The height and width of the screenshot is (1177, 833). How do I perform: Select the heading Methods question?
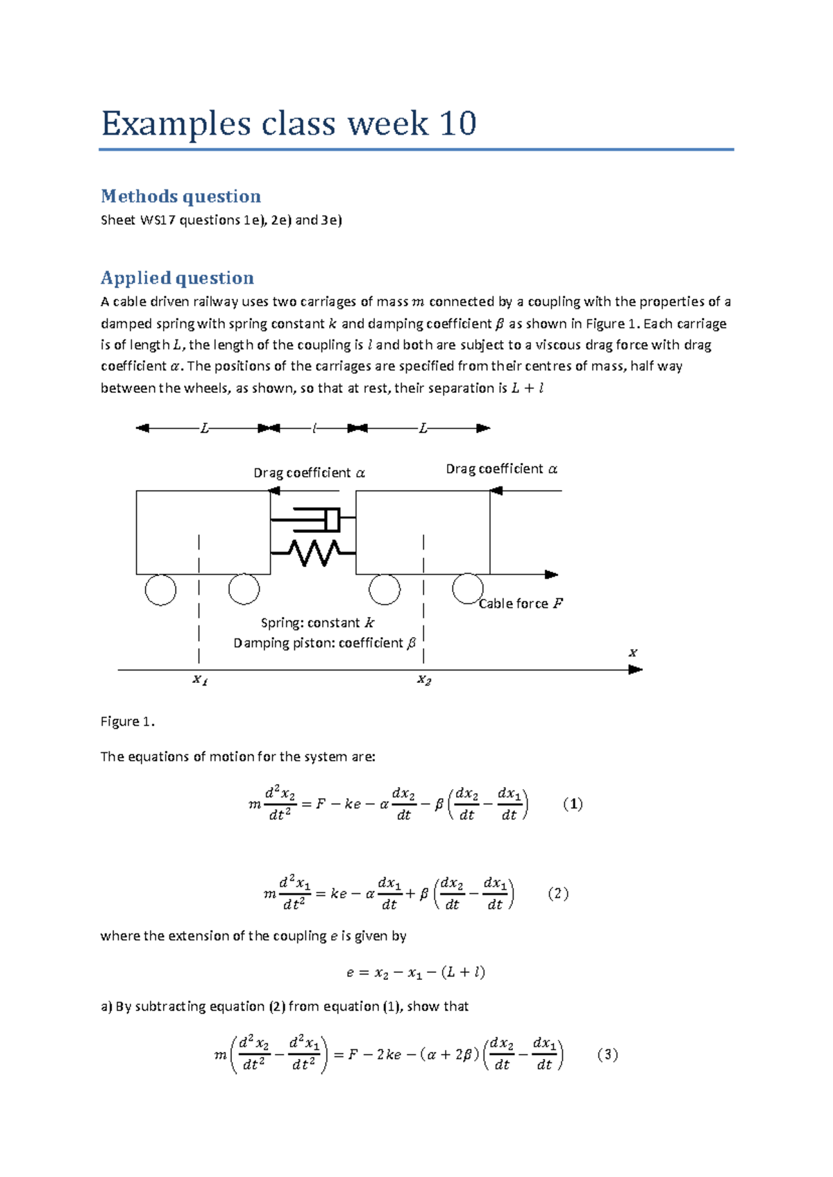tap(180, 196)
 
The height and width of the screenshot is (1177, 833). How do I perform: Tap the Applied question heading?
tap(177, 278)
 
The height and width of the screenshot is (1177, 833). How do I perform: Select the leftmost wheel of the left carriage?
tap(160, 591)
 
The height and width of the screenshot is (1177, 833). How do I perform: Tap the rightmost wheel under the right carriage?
tap(468, 588)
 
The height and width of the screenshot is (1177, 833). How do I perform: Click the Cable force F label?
tap(521, 604)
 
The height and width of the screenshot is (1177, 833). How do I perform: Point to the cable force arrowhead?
tap(552, 575)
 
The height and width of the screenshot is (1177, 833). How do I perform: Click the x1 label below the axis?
tap(200, 680)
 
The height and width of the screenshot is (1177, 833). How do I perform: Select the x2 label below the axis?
tap(424, 680)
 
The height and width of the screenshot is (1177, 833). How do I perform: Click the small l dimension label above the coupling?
tap(314, 429)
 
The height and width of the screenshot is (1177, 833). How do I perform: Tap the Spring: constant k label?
tap(317, 623)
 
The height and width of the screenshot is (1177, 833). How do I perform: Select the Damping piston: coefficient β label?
tap(324, 643)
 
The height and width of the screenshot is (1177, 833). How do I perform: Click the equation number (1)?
tap(573, 804)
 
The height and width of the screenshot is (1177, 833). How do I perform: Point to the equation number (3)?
tap(607, 1055)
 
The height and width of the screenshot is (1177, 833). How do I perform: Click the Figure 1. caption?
tap(127, 722)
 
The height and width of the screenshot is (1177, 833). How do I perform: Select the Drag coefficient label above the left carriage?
tap(309, 473)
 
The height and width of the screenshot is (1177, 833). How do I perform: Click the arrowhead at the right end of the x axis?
tap(635, 670)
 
